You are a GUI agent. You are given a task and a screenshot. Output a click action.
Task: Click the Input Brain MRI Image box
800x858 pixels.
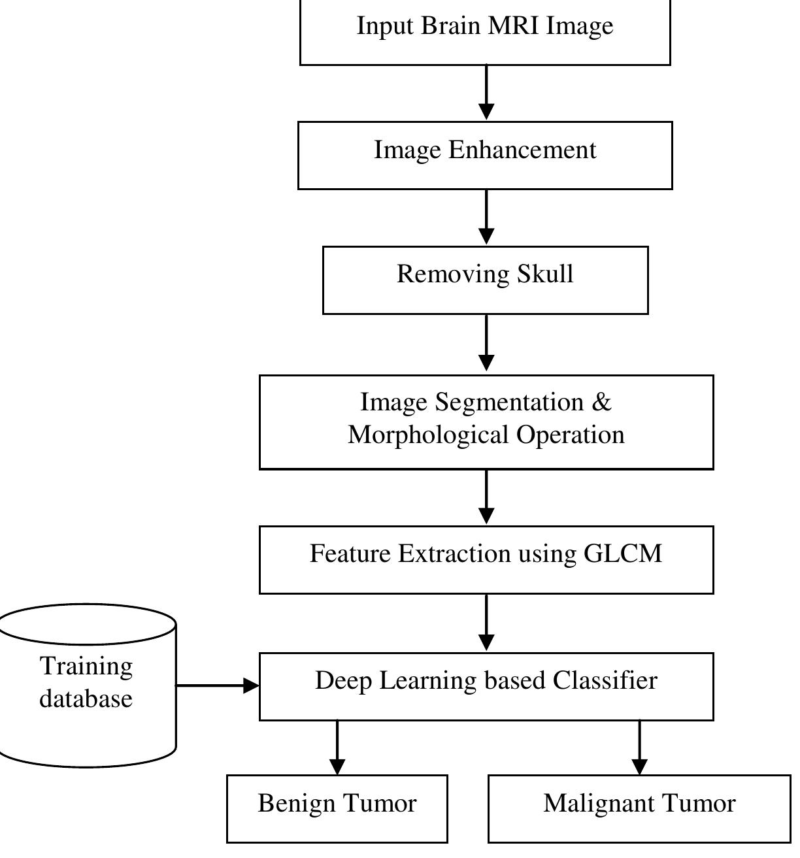[485, 31]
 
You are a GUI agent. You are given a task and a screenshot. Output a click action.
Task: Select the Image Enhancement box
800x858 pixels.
[485, 156]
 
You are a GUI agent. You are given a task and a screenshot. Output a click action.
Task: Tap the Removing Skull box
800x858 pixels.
[485, 280]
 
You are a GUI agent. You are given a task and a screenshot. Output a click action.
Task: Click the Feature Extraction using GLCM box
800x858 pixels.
[486, 560]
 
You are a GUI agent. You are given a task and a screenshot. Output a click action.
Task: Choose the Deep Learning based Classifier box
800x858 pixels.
[486, 686]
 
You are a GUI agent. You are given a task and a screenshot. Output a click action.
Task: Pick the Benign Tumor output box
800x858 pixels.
[337, 808]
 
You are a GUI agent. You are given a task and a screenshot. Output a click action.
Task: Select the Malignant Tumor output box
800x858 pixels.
[639, 808]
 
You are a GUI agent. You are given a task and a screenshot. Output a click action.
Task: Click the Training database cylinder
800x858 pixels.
[87, 685]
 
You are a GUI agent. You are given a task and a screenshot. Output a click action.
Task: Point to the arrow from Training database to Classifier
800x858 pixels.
[218, 685]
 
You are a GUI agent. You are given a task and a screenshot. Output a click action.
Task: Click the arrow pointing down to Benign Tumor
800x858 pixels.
[337, 748]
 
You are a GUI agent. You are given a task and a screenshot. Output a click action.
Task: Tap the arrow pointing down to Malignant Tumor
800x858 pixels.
[640, 748]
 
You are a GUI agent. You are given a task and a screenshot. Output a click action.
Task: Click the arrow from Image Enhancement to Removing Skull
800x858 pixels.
[486, 218]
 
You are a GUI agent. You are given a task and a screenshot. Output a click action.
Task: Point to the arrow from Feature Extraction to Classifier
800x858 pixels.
[486, 623]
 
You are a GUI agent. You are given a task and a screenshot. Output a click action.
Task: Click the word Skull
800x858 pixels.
[545, 274]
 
